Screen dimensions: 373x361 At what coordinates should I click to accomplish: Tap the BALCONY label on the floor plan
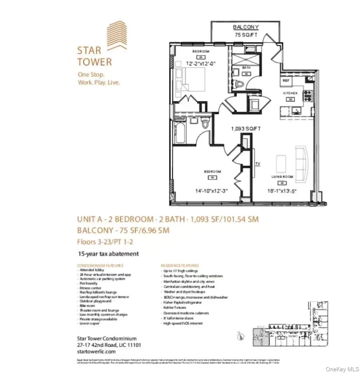point(246,27)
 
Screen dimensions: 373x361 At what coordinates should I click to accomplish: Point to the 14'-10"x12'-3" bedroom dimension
point(212,191)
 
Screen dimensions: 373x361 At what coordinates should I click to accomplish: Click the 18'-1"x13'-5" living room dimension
point(281,191)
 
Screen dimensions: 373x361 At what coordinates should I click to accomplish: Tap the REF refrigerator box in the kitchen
point(286,80)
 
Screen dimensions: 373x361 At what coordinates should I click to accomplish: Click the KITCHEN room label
point(290,93)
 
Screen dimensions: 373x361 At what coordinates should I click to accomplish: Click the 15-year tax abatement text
point(109,254)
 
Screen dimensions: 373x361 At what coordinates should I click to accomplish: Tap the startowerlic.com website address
point(96,351)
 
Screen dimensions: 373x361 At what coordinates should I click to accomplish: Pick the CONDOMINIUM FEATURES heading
point(100,265)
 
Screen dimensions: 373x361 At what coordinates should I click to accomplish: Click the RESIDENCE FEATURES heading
point(180,265)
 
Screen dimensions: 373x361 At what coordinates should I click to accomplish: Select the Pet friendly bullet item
point(88,283)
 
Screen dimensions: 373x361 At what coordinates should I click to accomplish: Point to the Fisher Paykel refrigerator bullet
point(182,302)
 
